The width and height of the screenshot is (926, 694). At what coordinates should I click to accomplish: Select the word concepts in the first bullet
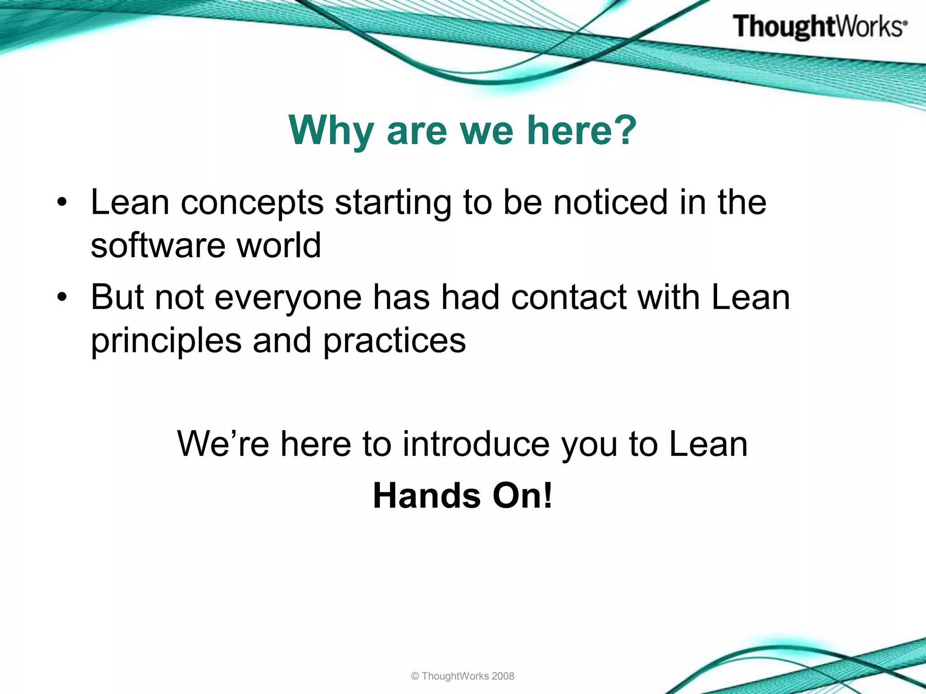coord(252,203)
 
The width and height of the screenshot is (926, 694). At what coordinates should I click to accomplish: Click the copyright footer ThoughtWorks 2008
coord(463,676)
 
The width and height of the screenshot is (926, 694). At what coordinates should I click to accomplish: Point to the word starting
coord(393,203)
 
